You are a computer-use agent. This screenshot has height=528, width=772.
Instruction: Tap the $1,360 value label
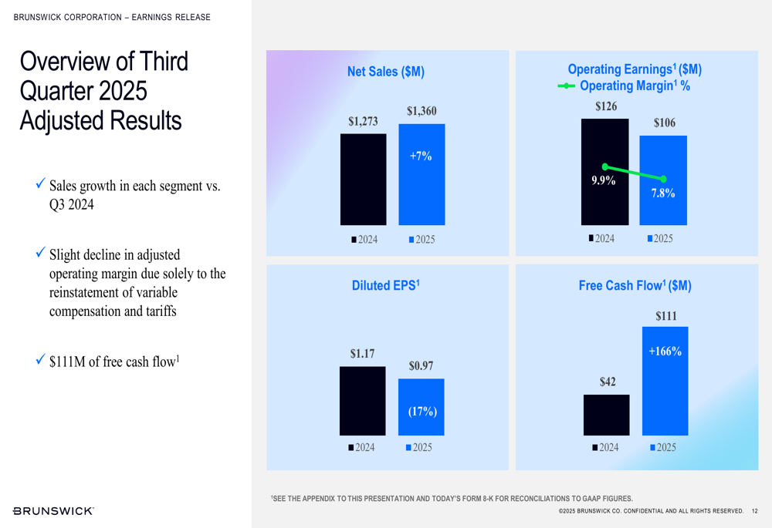point(422,111)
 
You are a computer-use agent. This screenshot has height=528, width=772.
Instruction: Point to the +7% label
point(421,156)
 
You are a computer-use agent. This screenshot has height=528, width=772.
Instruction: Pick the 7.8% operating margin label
point(663,193)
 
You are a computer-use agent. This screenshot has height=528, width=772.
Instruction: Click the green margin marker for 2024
point(605,166)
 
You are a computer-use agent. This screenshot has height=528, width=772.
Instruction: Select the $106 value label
point(664,123)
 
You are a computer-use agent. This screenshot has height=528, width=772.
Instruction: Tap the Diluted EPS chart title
point(385,285)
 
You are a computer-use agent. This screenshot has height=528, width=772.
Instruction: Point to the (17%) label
point(422,411)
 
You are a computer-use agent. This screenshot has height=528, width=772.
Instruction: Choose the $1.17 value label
point(362,354)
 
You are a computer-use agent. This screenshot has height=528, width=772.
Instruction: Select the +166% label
point(665,351)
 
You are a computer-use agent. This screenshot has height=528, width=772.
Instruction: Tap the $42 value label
point(608,382)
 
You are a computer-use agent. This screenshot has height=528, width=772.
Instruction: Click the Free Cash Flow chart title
point(635,285)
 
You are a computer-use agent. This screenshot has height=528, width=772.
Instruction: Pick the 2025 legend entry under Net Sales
point(422,240)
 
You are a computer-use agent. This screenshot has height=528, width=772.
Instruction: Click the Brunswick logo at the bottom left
point(54,510)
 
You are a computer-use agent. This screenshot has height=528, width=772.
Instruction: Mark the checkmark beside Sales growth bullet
point(40,185)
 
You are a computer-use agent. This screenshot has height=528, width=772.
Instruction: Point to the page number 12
point(754,511)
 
